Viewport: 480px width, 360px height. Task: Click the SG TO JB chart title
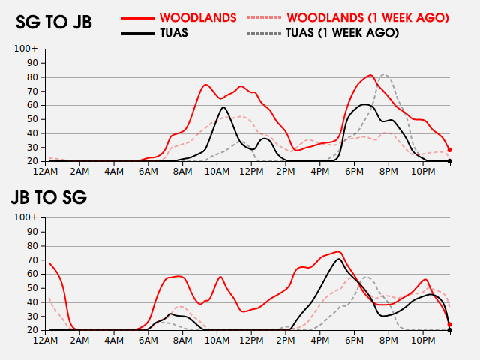(x=54, y=22)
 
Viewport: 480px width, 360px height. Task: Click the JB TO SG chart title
(x=49, y=198)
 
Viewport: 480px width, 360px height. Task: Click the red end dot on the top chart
(x=449, y=150)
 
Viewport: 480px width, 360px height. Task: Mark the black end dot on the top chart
(x=449, y=161)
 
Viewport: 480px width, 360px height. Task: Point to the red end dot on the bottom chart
(x=449, y=325)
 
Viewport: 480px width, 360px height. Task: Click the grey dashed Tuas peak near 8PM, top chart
(x=384, y=74)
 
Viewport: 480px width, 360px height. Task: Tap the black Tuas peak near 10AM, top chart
(x=223, y=107)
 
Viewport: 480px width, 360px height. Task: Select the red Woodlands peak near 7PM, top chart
(x=370, y=75)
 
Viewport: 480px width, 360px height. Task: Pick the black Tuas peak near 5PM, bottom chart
(x=339, y=259)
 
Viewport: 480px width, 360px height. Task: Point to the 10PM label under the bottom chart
(x=424, y=340)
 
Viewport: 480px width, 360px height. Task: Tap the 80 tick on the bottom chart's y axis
(x=32, y=246)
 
